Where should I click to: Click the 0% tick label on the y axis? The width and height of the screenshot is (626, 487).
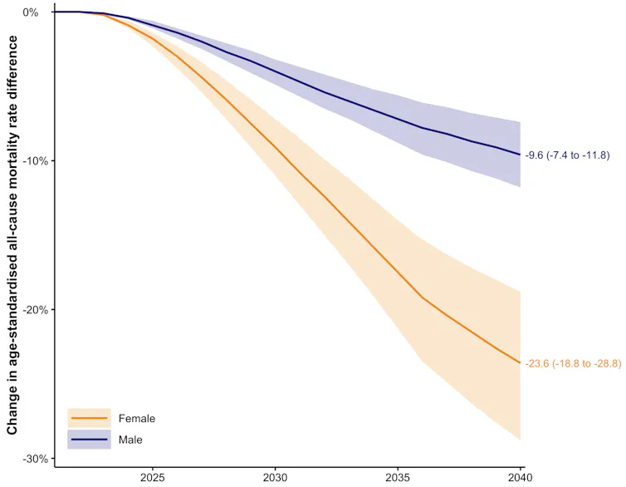[x=31, y=12]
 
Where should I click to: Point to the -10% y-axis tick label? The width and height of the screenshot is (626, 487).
[x=36, y=161]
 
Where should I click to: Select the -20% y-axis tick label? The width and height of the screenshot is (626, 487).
[x=36, y=310]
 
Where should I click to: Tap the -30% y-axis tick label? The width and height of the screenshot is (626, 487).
[x=36, y=459]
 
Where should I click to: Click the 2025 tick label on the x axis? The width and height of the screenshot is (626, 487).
[x=153, y=478]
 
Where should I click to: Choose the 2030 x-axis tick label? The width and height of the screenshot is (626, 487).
[x=275, y=478]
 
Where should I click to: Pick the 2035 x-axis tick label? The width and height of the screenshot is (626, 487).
[x=398, y=478]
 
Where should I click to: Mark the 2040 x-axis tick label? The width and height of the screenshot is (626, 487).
[x=521, y=478]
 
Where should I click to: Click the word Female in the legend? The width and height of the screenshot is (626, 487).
[x=137, y=418]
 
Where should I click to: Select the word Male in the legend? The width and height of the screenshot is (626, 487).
[x=130, y=440]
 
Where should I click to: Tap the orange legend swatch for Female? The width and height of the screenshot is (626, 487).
[x=89, y=418]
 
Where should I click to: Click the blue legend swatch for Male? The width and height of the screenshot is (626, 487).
[x=89, y=440]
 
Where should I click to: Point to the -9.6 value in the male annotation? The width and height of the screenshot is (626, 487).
[x=534, y=155]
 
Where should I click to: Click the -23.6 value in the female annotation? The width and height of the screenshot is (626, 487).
[x=537, y=363]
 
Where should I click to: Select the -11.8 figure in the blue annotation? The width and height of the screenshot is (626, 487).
[x=594, y=155]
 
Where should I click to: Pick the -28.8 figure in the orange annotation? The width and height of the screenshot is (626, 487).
[x=605, y=363]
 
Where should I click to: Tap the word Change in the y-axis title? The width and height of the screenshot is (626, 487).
[x=12, y=414]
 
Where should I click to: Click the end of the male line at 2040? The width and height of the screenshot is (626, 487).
[x=521, y=155]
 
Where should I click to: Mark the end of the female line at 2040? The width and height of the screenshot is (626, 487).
[x=521, y=362]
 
